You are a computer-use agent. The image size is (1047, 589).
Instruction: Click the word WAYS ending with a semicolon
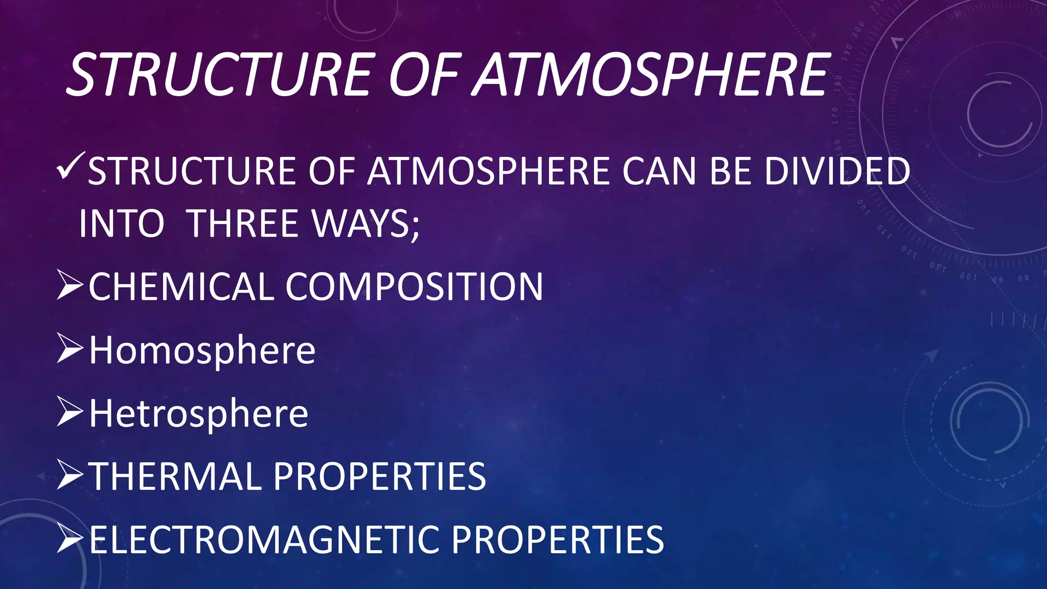(366, 223)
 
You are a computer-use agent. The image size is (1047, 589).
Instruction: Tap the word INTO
(122, 223)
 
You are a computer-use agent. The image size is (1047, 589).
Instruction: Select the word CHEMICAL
(182, 286)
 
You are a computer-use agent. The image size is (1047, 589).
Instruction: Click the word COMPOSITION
(414, 286)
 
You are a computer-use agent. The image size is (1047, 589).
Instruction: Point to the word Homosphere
(202, 351)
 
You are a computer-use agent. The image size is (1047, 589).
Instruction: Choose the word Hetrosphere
(199, 414)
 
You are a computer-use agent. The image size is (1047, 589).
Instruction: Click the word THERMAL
(175, 477)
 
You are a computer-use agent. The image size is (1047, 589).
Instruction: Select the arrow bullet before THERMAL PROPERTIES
(70, 475)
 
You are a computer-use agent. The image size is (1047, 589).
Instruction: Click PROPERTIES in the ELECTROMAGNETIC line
(558, 539)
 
